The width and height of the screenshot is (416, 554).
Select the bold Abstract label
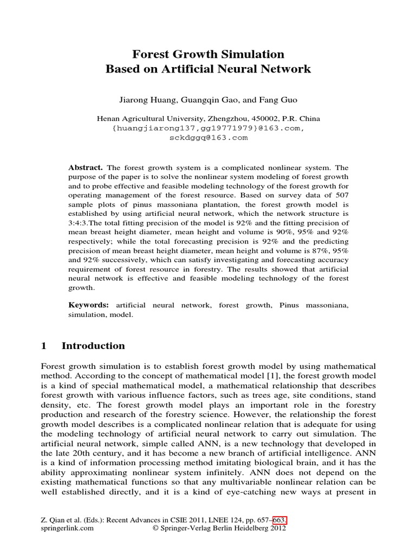pyautogui.click(x=86, y=168)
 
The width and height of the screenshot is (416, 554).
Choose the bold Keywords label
pyautogui.click(x=88, y=305)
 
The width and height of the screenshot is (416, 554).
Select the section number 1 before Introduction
pyautogui.click(x=45, y=346)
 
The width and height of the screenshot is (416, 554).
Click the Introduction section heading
pyautogui.click(x=93, y=346)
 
